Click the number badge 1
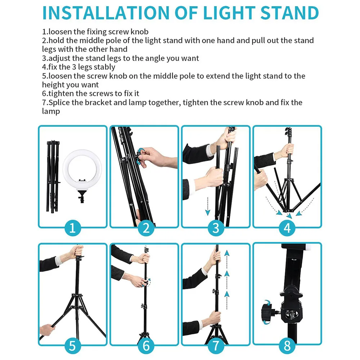click(72, 228)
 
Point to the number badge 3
click(216, 228)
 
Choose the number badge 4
click(287, 228)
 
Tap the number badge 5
click(72, 346)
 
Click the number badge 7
click(216, 346)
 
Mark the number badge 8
click(287, 346)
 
